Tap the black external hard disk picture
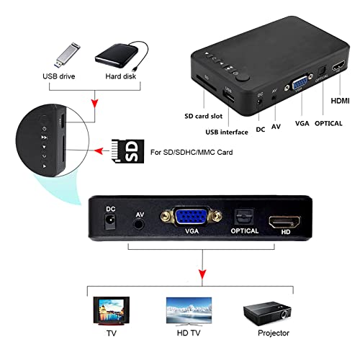121,55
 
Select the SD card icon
128,151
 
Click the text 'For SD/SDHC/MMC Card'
192,153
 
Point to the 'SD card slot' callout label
203,116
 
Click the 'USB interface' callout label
227,132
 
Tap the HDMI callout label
340,101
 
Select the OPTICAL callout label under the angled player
328,123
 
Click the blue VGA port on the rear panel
192,217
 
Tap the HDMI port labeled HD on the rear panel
284,222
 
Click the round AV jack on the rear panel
139,225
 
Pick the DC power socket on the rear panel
110,222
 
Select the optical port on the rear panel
244,217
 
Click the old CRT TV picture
112,311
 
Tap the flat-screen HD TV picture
189,312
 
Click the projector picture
267,313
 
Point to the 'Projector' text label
274,333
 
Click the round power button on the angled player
243,78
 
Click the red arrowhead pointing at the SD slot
99,151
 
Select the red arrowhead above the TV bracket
202,274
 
